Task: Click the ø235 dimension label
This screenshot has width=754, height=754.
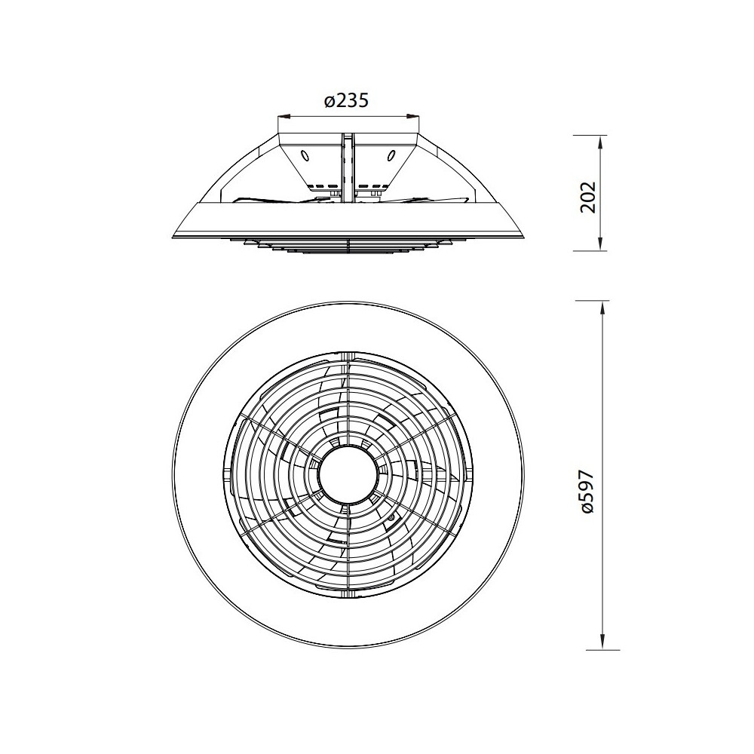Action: tap(346, 101)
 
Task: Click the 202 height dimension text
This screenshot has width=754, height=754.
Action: tap(587, 197)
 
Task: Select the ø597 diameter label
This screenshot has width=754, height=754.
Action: tap(587, 492)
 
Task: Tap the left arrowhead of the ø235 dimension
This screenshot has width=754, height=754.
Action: tap(285, 116)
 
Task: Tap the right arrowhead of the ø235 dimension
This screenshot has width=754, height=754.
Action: tap(413, 116)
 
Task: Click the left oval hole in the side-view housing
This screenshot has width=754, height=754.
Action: tap(305, 156)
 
